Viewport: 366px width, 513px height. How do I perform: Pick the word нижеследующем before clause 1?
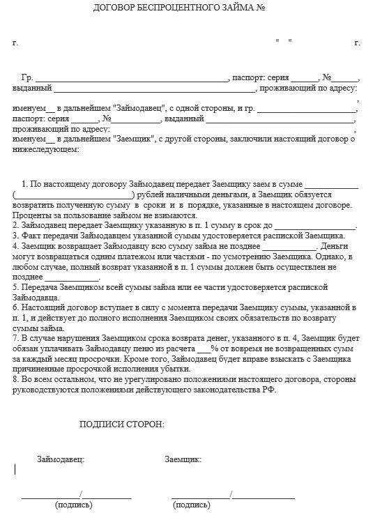[45, 148]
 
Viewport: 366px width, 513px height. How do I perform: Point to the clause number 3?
[15, 236]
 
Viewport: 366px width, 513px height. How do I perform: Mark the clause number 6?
[15, 307]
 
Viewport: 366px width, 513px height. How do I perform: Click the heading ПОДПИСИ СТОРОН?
[122, 424]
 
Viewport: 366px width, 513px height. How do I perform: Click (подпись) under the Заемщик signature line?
[193, 504]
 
